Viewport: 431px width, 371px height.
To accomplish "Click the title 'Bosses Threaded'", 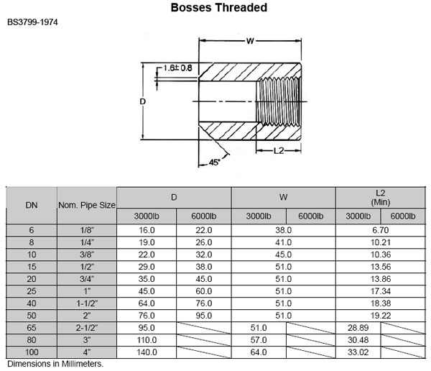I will (219, 9).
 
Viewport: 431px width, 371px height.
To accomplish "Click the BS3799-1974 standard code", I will (33, 22).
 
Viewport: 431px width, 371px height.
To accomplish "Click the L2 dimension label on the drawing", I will (280, 150).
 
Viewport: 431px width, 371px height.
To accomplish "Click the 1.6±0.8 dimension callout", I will (176, 68).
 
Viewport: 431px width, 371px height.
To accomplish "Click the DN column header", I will (32, 205).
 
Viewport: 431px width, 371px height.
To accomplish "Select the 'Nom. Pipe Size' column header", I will (87, 205).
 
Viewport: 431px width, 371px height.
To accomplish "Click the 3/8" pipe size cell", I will (87, 255).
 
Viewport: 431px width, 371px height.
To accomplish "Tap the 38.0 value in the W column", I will (286, 230).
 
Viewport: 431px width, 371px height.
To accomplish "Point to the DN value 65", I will (32, 328).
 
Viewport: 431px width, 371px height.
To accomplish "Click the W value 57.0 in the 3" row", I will (259, 340).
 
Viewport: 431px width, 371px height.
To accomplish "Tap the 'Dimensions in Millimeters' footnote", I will (56, 364).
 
